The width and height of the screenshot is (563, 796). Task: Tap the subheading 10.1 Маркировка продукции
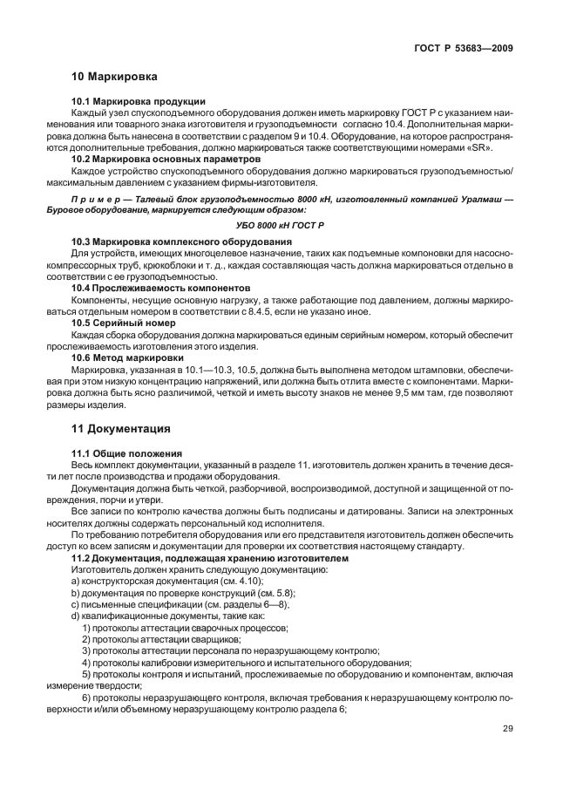[138, 100]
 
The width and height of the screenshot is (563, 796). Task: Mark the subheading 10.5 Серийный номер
[127, 323]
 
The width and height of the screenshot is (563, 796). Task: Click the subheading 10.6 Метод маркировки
[127, 357]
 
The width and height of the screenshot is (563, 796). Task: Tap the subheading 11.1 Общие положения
[126, 453]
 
